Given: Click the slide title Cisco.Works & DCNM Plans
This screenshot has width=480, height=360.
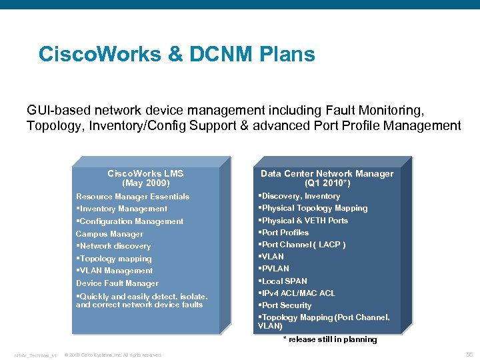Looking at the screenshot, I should click(177, 54).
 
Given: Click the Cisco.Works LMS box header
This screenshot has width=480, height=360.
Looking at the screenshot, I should click(145, 173).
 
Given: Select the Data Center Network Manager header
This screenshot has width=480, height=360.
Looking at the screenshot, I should click(327, 173).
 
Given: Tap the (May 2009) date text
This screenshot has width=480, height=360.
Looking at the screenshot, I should click(145, 183).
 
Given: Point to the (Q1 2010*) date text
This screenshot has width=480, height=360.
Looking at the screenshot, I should click(327, 183).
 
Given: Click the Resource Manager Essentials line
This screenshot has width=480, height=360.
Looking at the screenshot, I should click(133, 197).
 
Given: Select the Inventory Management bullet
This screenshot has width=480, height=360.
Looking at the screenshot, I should click(122, 209).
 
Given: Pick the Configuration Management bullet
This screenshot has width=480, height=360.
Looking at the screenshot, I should click(130, 221).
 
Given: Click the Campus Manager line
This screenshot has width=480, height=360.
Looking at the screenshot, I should click(109, 234).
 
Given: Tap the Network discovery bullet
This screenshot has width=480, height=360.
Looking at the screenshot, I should click(114, 246).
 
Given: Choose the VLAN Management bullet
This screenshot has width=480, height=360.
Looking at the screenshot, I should click(115, 271).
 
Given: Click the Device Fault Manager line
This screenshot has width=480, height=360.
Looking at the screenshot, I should click(117, 283).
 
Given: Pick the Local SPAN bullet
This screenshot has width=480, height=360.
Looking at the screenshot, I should click(283, 281).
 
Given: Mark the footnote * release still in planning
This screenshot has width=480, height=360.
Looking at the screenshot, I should click(330, 339).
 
